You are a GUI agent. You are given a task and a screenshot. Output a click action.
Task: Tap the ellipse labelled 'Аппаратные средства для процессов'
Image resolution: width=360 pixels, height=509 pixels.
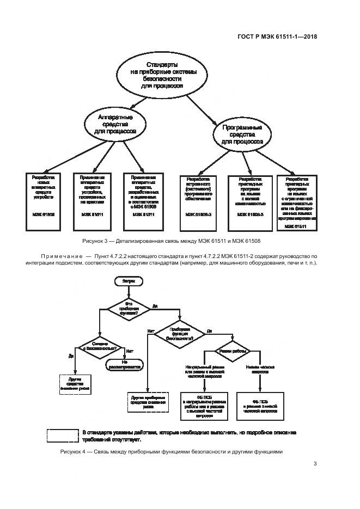pos(114,124)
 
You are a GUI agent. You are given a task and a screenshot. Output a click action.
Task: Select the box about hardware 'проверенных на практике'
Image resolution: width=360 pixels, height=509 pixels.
pos(91,197)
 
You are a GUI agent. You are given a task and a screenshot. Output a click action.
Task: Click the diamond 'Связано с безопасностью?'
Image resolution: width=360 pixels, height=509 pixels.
pos(99,346)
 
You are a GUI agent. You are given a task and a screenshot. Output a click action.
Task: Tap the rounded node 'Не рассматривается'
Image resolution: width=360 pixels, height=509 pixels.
pos(124,365)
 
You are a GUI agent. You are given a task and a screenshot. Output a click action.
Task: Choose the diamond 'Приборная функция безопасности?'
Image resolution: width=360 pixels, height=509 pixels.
pos(180,334)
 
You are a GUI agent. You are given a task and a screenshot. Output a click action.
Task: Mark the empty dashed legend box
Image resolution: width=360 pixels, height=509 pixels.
pos(63,436)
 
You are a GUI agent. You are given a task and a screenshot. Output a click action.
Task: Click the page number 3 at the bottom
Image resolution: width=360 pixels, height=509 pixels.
pos(315,464)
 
